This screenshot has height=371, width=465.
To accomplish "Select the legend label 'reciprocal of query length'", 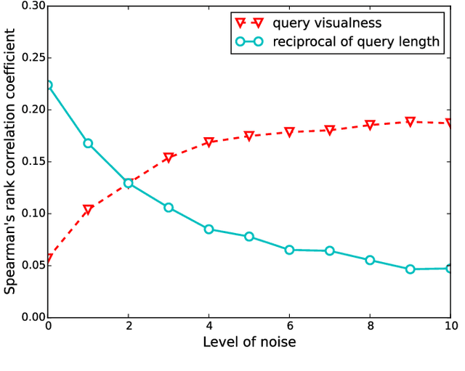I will click(x=356, y=41).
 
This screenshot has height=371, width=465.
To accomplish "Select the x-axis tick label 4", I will click(x=209, y=326).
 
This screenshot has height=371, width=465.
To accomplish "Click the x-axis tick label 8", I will click(x=370, y=326).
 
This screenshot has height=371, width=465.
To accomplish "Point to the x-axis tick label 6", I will click(x=289, y=326).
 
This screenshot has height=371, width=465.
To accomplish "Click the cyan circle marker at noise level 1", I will click(x=88, y=143).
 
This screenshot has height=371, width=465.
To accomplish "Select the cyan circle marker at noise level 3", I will click(x=169, y=208).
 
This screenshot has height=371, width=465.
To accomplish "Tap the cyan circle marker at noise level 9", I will click(x=410, y=269).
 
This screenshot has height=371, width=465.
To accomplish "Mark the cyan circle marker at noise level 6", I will click(x=289, y=250).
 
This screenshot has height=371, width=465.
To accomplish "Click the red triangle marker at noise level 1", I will click(x=88, y=210).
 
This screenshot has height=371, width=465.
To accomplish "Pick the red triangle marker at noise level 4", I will click(x=209, y=142).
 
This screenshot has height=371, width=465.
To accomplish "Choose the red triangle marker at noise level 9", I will click(x=410, y=122).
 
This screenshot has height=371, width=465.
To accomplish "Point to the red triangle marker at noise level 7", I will click(x=330, y=130).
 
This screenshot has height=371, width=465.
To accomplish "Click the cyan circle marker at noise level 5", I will click(x=249, y=237).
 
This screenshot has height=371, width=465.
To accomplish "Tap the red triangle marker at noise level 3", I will click(x=169, y=158).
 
